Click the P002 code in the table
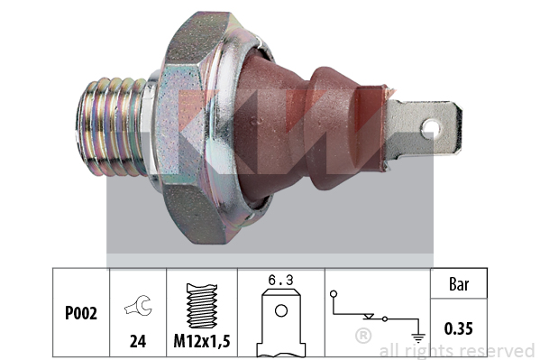tap(81, 313)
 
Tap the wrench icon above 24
tap(138, 305)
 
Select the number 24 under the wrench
tap(138, 341)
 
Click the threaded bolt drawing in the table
tap(202, 306)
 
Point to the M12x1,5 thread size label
tap(202, 341)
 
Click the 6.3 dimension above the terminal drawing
tap(280, 281)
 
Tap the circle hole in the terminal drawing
tap(281, 310)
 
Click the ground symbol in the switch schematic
tap(418, 338)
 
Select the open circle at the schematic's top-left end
tap(334, 294)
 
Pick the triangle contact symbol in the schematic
tap(369, 316)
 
